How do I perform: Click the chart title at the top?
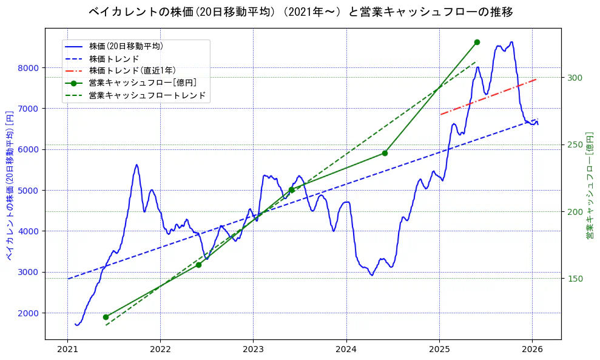300,12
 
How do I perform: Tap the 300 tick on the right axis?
575,78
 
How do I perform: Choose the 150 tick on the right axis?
575,279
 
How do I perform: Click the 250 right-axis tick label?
575,144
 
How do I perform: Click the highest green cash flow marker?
477,42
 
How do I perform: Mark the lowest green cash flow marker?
106,317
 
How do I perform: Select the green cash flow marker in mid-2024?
385,153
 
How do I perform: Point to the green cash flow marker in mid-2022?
198,265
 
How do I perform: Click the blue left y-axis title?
10,185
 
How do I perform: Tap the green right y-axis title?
589,185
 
